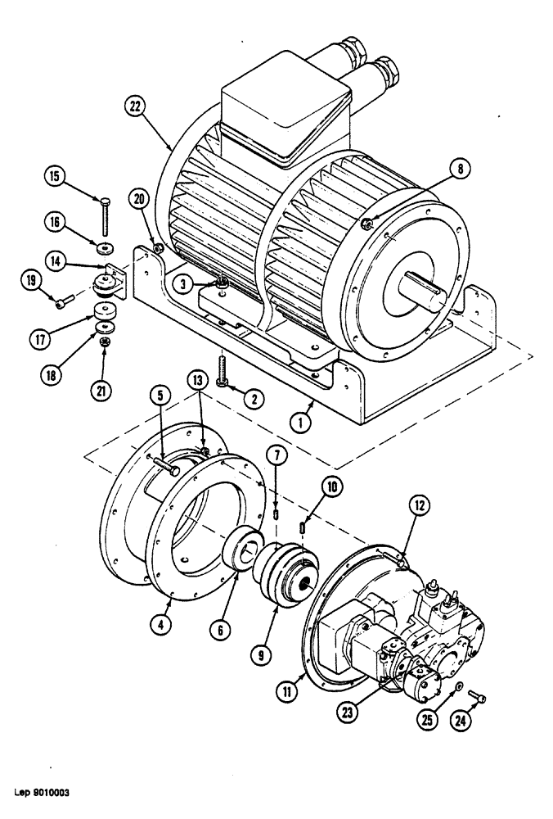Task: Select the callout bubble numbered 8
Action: [x=459, y=170]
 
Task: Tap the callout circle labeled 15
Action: [x=54, y=176]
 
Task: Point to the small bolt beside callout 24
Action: [x=478, y=698]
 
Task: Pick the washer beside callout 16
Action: [x=105, y=247]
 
